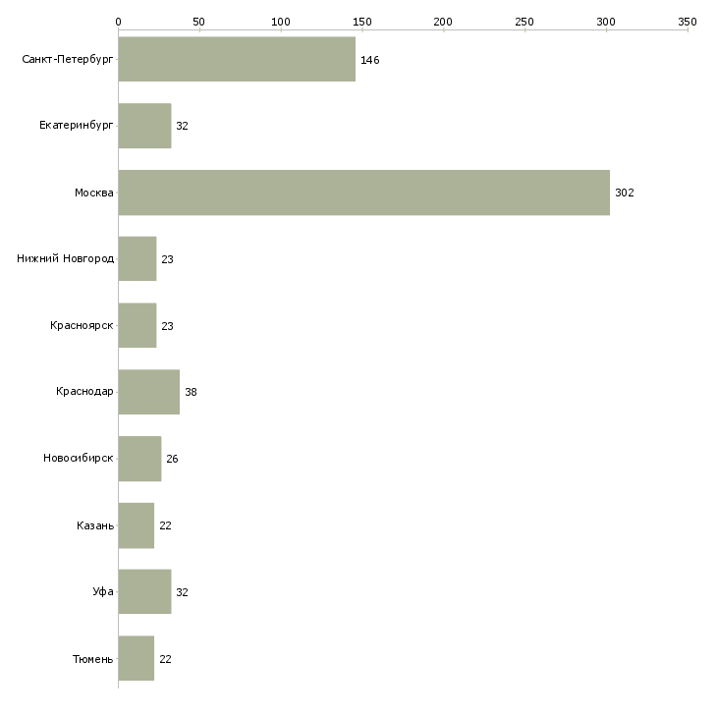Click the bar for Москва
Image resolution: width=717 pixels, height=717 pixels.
(363, 193)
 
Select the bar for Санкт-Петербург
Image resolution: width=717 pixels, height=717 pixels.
(237, 60)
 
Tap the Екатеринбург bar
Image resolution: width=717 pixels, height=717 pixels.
(144, 126)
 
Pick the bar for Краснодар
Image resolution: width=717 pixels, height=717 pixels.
(148, 392)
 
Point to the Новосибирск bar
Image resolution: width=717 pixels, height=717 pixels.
(139, 459)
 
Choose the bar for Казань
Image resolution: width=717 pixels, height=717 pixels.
(137, 525)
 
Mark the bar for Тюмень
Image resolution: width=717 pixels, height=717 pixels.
(137, 659)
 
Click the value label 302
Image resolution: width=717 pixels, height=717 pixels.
(625, 193)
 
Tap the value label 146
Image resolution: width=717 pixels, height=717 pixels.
(369, 60)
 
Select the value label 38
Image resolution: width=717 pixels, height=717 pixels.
(191, 392)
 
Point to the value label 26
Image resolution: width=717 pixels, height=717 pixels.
(172, 459)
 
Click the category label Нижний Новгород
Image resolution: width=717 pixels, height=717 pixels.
(66, 259)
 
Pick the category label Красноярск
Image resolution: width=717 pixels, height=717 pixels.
(83, 325)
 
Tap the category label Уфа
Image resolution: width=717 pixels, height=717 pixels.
(103, 592)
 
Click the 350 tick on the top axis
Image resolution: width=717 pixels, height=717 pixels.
(688, 21)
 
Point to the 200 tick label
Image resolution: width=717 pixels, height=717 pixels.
(444, 21)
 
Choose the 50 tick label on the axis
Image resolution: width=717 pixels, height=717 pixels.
(199, 21)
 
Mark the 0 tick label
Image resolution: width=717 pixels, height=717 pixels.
(118, 21)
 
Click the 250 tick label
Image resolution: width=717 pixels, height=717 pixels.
(525, 21)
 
